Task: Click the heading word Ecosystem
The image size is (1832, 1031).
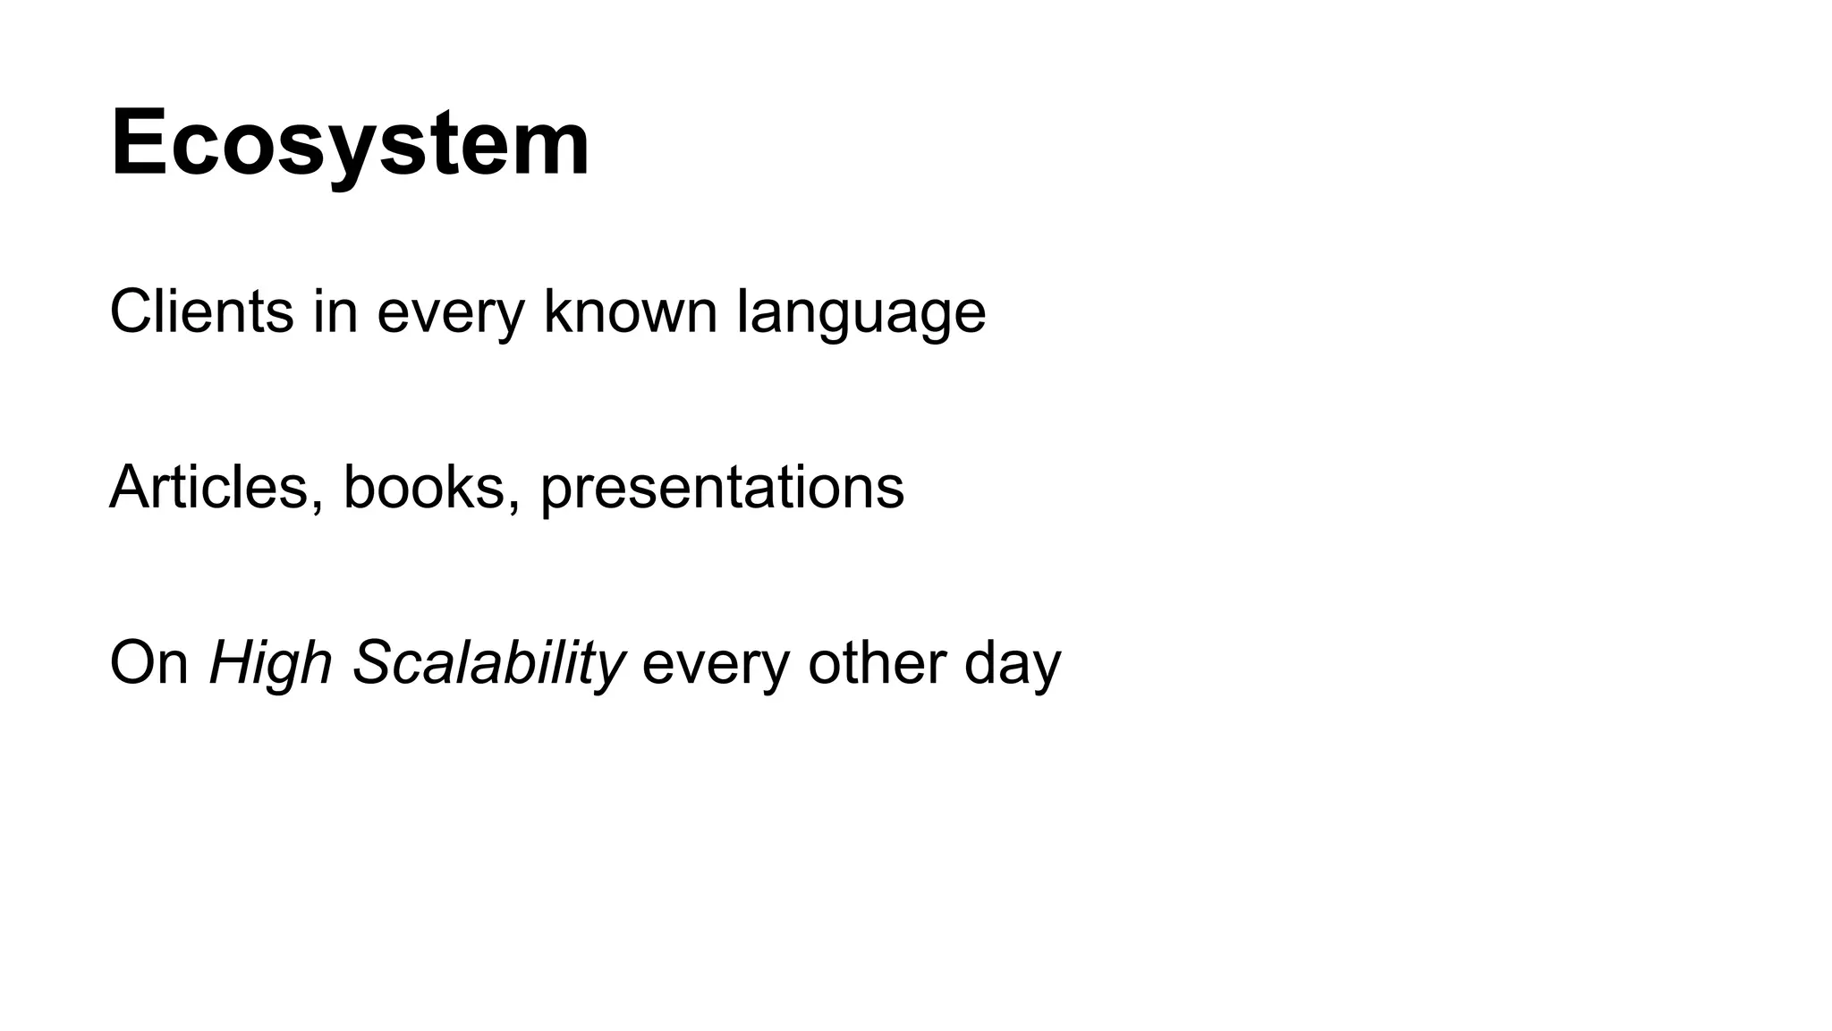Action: tap(350, 143)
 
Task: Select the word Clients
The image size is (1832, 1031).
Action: tap(201, 311)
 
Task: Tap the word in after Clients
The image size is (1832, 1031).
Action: tap(335, 311)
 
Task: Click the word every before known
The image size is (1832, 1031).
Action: tap(450, 313)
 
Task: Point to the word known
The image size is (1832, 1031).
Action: tap(630, 311)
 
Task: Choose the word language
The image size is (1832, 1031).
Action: tap(861, 313)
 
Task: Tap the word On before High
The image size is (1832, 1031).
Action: tap(148, 663)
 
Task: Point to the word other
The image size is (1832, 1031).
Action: tap(876, 663)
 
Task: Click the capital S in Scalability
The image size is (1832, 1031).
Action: tap(374, 663)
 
